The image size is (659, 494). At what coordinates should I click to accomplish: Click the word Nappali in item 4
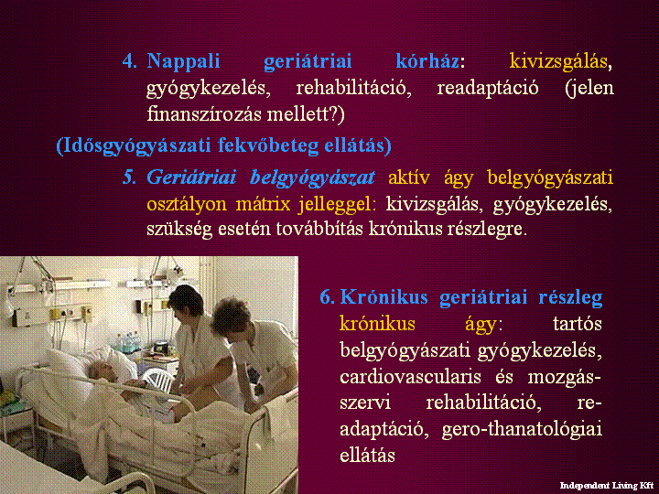tap(183, 62)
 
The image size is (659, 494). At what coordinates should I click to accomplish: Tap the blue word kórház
tap(427, 61)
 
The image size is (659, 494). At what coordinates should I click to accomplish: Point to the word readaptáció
tap(488, 89)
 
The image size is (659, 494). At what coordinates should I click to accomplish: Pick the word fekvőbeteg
tap(268, 145)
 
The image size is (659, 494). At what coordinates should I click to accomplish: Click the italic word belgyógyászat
tap(312, 178)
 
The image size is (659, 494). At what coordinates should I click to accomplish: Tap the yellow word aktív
tap(409, 177)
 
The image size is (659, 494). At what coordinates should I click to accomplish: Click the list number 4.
tap(130, 62)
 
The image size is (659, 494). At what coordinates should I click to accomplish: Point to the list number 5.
tap(129, 178)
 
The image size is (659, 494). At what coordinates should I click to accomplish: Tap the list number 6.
tap(328, 298)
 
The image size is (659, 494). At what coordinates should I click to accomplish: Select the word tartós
tap(577, 324)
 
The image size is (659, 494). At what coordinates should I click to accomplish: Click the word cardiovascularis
tap(410, 377)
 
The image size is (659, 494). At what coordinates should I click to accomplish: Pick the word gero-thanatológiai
tap(522, 430)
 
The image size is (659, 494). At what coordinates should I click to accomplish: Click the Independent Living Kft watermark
tap(607, 486)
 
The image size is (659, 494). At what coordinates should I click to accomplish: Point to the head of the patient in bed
tap(102, 371)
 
